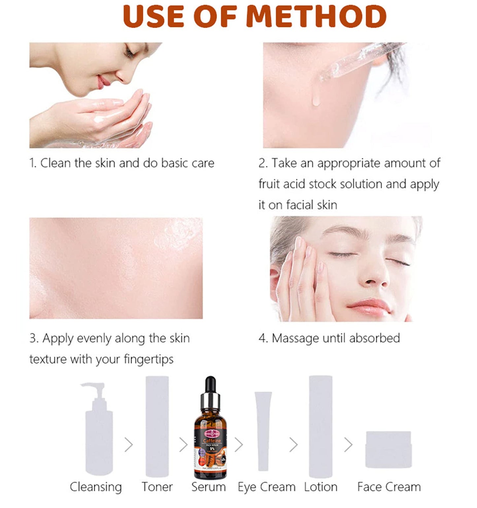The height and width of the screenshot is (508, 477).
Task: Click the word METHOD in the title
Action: (317, 16)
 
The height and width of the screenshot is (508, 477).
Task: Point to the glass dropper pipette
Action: (360, 61)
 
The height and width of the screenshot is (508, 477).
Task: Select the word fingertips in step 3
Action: (149, 359)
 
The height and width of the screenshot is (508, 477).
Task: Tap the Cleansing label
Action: (96, 487)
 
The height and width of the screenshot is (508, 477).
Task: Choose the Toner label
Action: (157, 487)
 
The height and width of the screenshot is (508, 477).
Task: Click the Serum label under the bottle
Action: (209, 487)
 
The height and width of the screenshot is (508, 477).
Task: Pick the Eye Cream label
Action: (266, 487)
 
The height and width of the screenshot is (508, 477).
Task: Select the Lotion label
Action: (321, 487)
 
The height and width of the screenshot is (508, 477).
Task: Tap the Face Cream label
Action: (389, 487)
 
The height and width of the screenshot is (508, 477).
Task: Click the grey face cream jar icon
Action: (389, 449)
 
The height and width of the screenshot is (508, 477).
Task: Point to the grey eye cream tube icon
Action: (263, 430)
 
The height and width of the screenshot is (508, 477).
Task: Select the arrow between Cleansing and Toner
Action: (129, 445)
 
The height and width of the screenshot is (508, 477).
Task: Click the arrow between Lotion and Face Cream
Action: (348, 445)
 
